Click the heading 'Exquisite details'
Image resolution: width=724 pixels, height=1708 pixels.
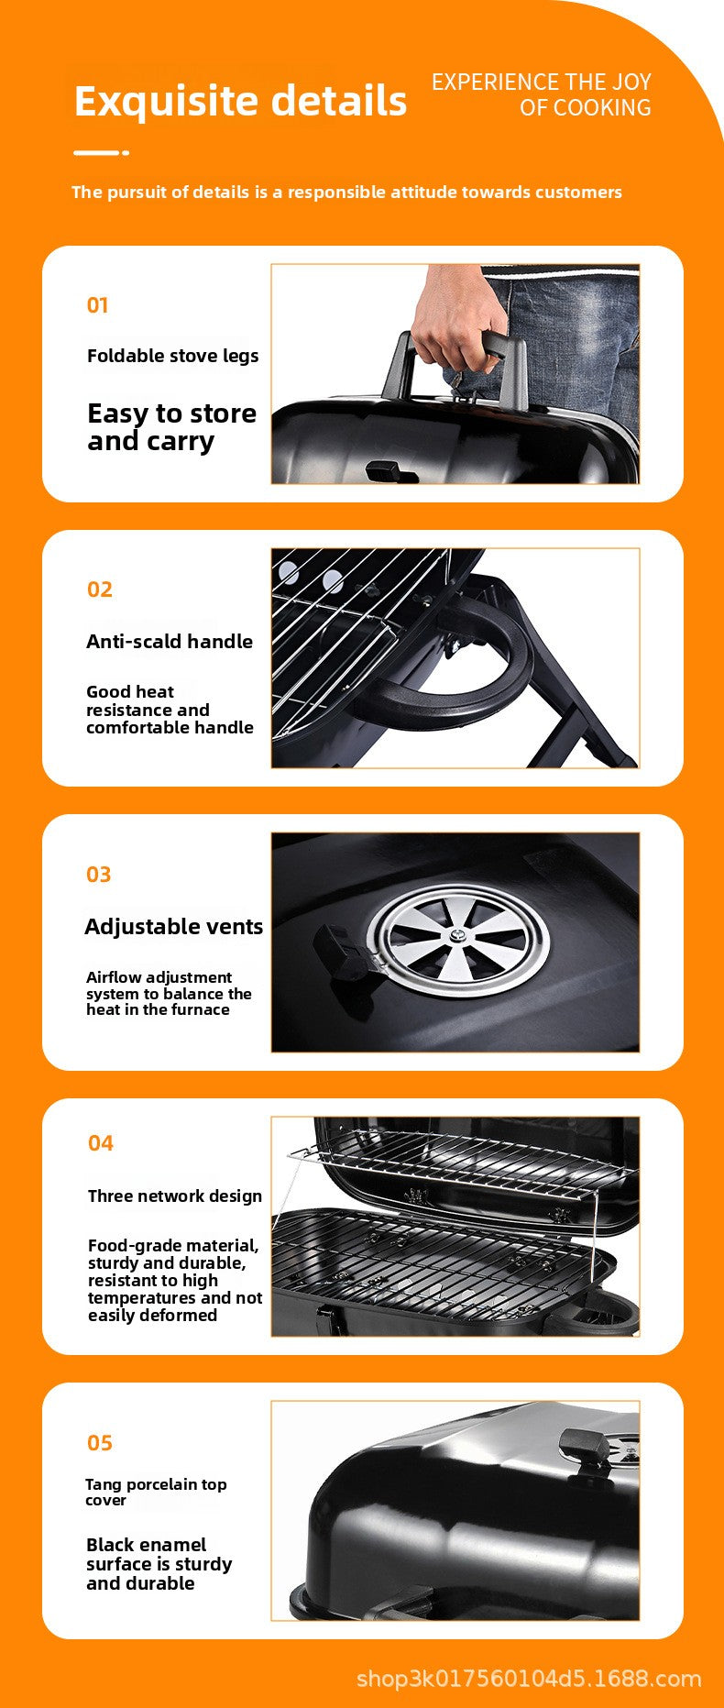[x=240, y=101]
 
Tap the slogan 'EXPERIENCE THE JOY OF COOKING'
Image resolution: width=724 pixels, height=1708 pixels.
[x=542, y=94]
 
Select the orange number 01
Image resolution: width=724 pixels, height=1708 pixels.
[x=97, y=305]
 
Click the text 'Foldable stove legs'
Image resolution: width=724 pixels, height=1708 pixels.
[x=172, y=356]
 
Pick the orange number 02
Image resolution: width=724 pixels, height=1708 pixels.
[x=99, y=590]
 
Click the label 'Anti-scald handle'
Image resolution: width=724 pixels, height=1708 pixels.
[x=170, y=642]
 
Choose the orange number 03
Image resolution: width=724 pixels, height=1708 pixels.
[x=98, y=875]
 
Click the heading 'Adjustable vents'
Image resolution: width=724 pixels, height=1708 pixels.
[x=173, y=927]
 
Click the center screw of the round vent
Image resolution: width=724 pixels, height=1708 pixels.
[x=455, y=937]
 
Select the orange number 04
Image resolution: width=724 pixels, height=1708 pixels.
[x=100, y=1143]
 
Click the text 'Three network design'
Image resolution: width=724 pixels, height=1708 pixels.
[x=175, y=1196]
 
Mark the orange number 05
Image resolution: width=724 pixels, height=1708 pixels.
[x=99, y=1443]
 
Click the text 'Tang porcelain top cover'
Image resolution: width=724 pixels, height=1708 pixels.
[x=155, y=1492]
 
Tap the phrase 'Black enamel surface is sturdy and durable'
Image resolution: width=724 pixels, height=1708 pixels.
[x=159, y=1564]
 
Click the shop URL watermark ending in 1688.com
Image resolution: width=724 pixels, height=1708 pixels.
[x=529, y=1679]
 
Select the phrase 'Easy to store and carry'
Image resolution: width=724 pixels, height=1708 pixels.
[x=171, y=427]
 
